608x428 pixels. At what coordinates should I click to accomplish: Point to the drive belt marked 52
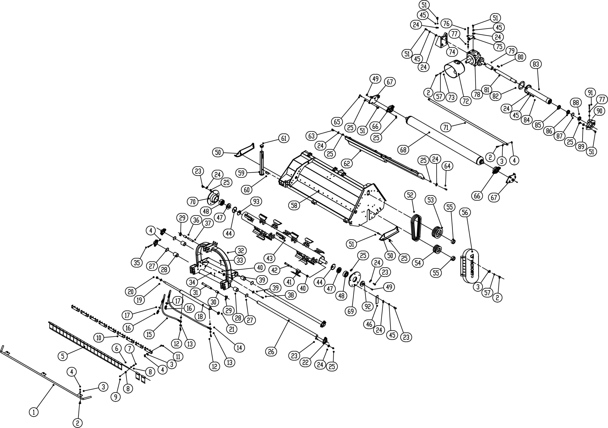(416, 228)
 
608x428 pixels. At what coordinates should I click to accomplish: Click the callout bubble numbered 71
(446, 127)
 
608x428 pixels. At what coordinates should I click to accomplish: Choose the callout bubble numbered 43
(270, 258)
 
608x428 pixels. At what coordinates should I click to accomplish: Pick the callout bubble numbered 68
(403, 150)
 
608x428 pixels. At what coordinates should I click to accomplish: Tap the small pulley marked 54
(437, 250)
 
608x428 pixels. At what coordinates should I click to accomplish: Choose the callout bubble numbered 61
(284, 138)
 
